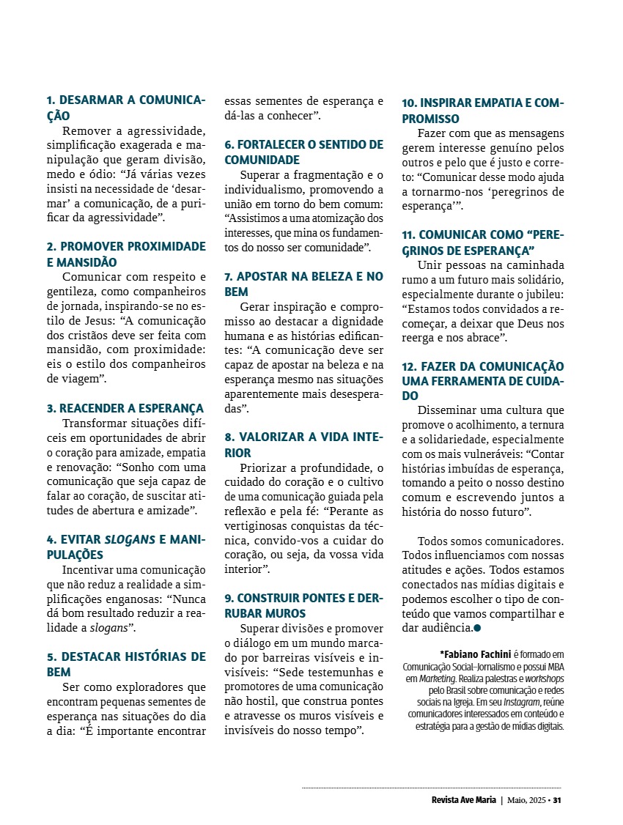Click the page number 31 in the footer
tap(557, 799)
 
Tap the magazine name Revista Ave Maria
tap(464, 799)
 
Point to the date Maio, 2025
tap(526, 799)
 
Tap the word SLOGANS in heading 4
tap(130, 539)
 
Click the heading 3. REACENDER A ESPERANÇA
tap(125, 408)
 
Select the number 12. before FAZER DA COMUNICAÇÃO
tap(410, 366)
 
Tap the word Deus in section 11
tap(523, 322)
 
